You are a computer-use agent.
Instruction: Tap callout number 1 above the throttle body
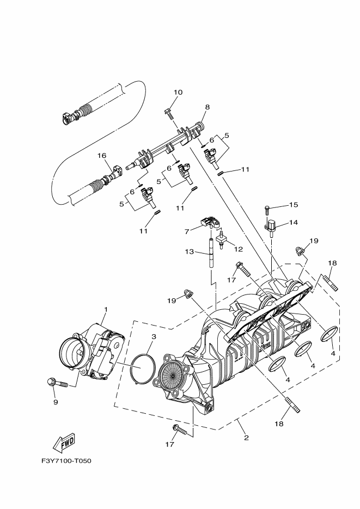click(x=106, y=310)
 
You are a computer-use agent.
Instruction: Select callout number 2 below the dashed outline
click(x=246, y=438)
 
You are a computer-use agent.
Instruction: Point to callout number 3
click(x=154, y=336)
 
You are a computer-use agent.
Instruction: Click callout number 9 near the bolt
click(x=55, y=402)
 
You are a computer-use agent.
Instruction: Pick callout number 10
click(x=178, y=92)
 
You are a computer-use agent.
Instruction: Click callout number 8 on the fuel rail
click(x=208, y=107)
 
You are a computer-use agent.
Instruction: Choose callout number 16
click(x=101, y=156)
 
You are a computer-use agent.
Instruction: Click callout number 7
click(x=186, y=231)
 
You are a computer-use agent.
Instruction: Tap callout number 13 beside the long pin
click(x=189, y=252)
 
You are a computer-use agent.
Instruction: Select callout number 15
click(x=294, y=205)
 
